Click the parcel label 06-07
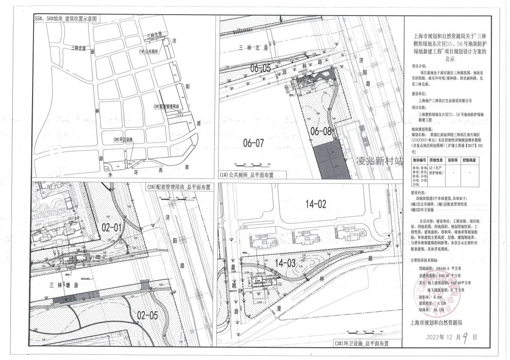[x=253, y=142]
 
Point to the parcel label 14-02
[x=316, y=204]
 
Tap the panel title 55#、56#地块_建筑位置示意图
[x=66, y=19]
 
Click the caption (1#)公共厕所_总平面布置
[x=246, y=175]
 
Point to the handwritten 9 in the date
[x=465, y=336]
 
